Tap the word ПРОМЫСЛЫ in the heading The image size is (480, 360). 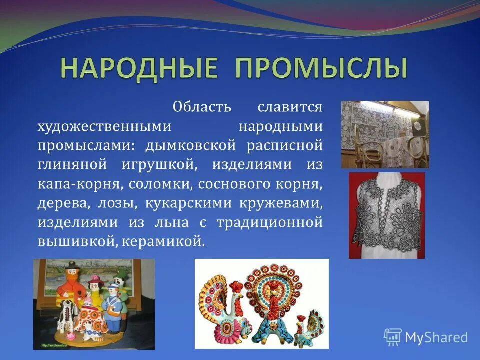321,68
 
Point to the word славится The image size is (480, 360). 290,107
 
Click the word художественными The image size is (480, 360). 105,126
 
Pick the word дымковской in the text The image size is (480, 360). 190,146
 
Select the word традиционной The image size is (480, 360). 269,222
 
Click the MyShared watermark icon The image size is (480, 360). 393,337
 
